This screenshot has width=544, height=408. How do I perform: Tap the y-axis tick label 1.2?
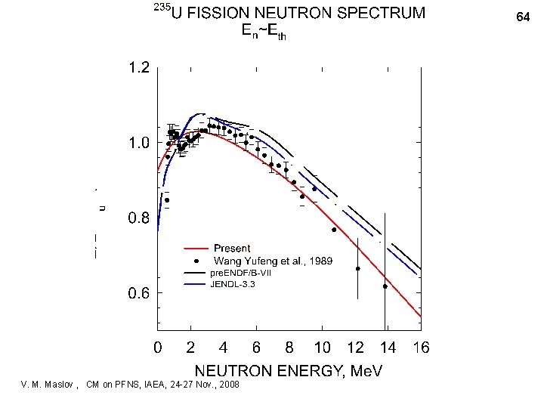tap(138, 69)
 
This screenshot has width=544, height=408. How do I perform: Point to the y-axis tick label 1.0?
tap(138, 144)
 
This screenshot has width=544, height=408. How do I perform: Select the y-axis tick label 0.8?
tap(138, 218)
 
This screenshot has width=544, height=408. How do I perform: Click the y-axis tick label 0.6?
tap(138, 293)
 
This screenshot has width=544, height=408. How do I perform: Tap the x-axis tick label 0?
tap(157, 348)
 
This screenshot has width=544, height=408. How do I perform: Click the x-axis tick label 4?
tap(224, 348)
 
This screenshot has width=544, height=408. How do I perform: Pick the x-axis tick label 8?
tap(289, 348)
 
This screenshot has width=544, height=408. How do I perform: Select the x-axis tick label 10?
tap(323, 348)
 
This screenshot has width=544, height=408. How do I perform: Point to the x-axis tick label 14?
tap(388, 348)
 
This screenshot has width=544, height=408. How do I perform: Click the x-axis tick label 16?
tap(421, 348)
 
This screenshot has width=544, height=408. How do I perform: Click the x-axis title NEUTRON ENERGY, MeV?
tap(289, 371)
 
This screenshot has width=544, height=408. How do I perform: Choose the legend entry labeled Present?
tap(233, 249)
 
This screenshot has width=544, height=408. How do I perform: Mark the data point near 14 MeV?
tap(385, 286)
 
